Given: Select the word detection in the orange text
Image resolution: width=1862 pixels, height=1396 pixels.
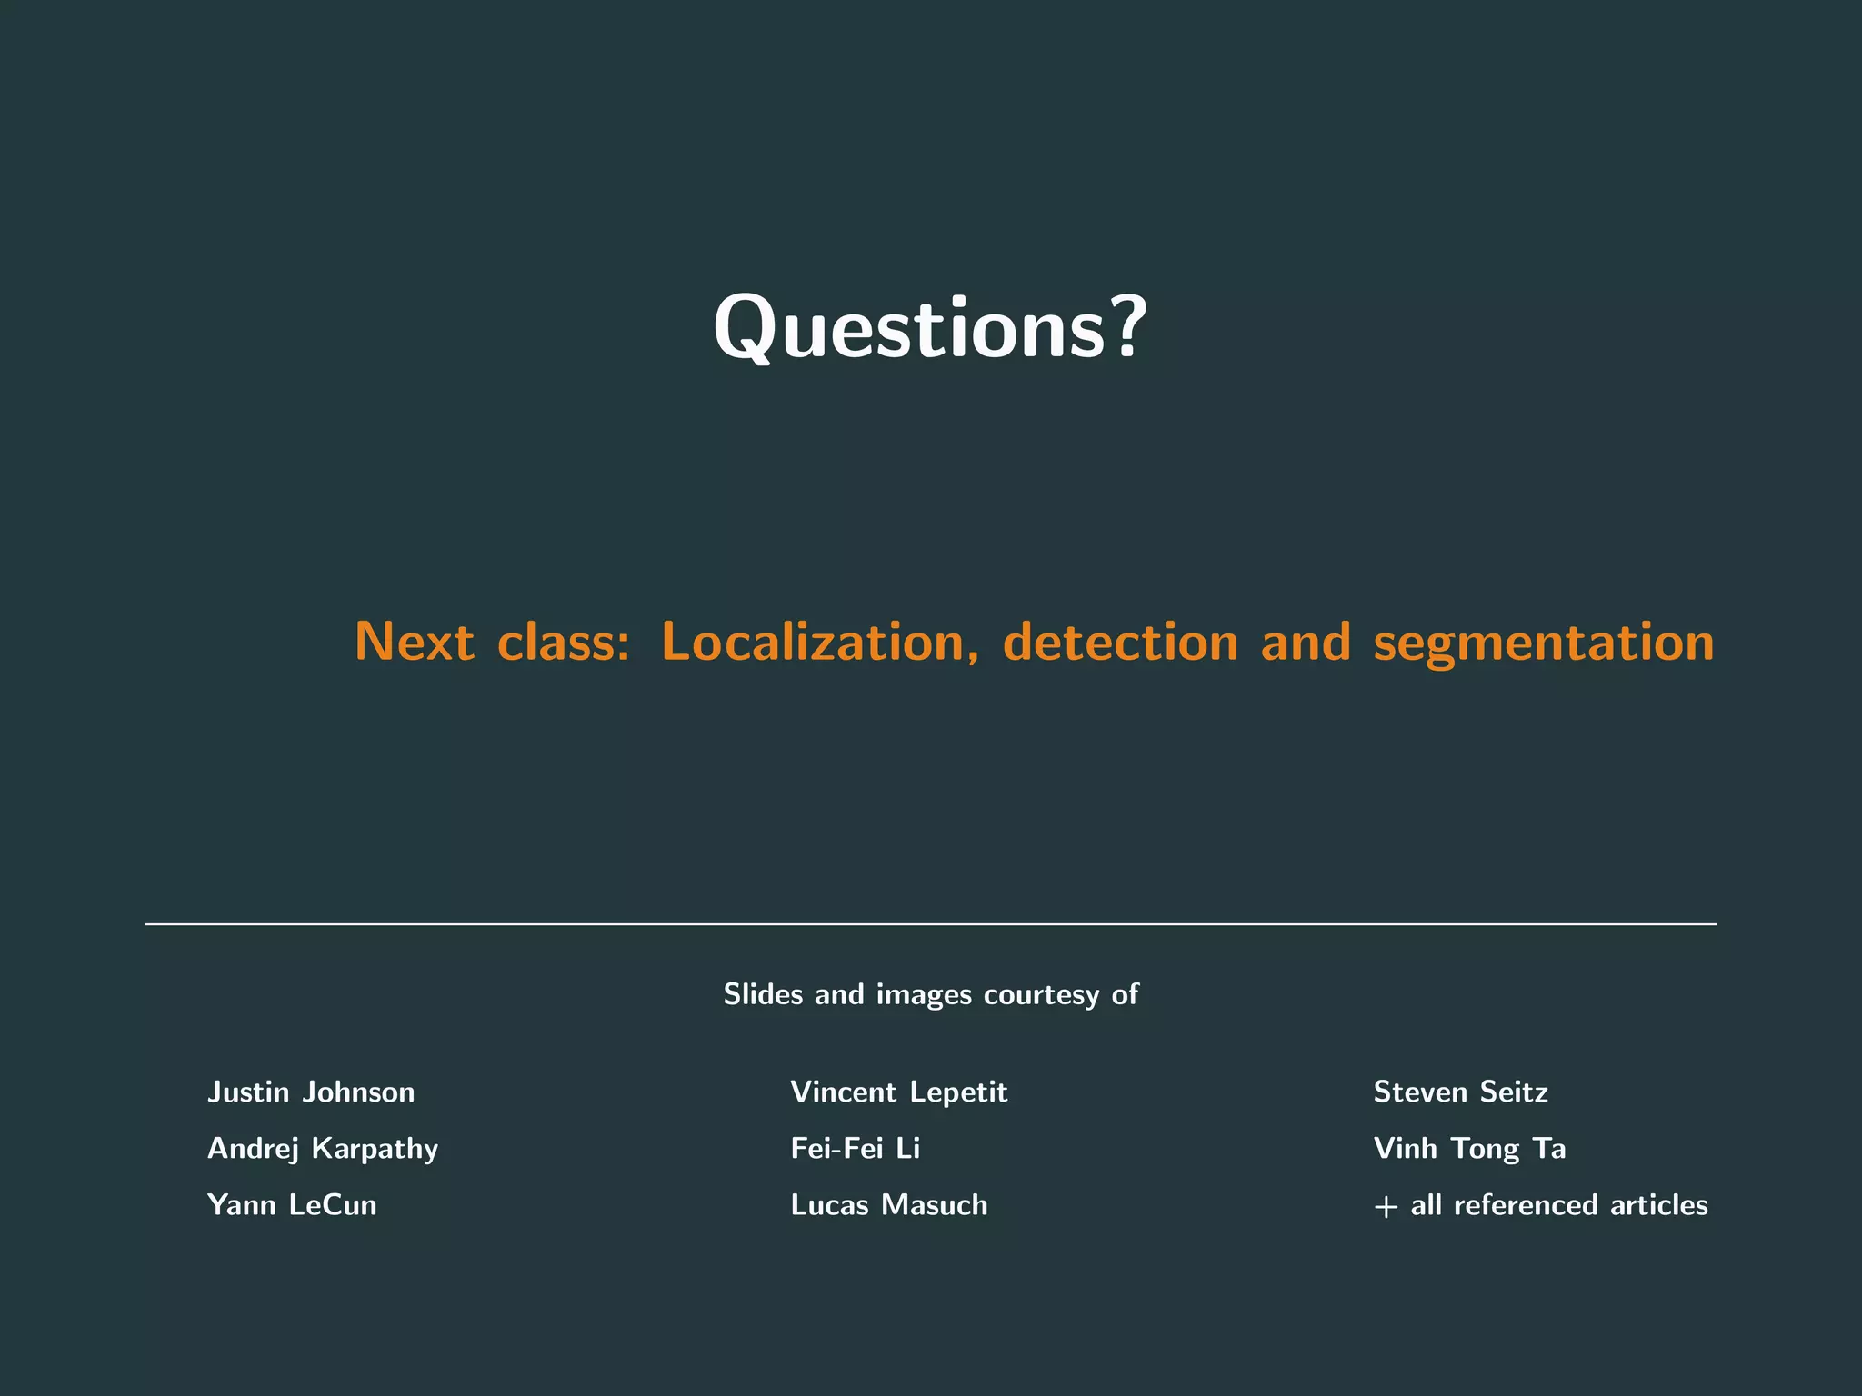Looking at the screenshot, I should click(1120, 642).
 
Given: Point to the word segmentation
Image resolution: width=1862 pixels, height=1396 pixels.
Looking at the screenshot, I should click(1543, 643).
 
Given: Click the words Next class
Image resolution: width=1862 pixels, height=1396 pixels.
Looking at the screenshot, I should click(491, 642).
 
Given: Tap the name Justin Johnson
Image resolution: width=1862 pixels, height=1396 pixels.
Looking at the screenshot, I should click(311, 1092).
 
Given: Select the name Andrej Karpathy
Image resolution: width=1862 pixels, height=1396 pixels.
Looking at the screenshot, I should click(323, 1149).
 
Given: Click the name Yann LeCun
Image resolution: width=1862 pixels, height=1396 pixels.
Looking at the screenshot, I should click(292, 1205).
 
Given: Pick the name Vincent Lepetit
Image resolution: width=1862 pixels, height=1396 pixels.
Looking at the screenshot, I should click(899, 1092).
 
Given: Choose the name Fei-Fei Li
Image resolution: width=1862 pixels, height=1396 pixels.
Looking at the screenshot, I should click(856, 1149).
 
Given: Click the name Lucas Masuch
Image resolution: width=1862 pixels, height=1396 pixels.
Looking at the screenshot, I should click(889, 1205).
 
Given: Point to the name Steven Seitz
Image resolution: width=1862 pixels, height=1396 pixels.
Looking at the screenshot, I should click(1460, 1092).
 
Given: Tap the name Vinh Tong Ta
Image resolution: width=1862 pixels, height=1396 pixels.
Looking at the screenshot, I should click(1469, 1149).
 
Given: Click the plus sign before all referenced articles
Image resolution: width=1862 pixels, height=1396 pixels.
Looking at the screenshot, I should click(1386, 1207).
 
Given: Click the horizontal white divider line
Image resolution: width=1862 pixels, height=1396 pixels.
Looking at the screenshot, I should click(931, 924).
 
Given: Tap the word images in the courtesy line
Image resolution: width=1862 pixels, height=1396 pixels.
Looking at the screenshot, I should click(924, 995).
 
